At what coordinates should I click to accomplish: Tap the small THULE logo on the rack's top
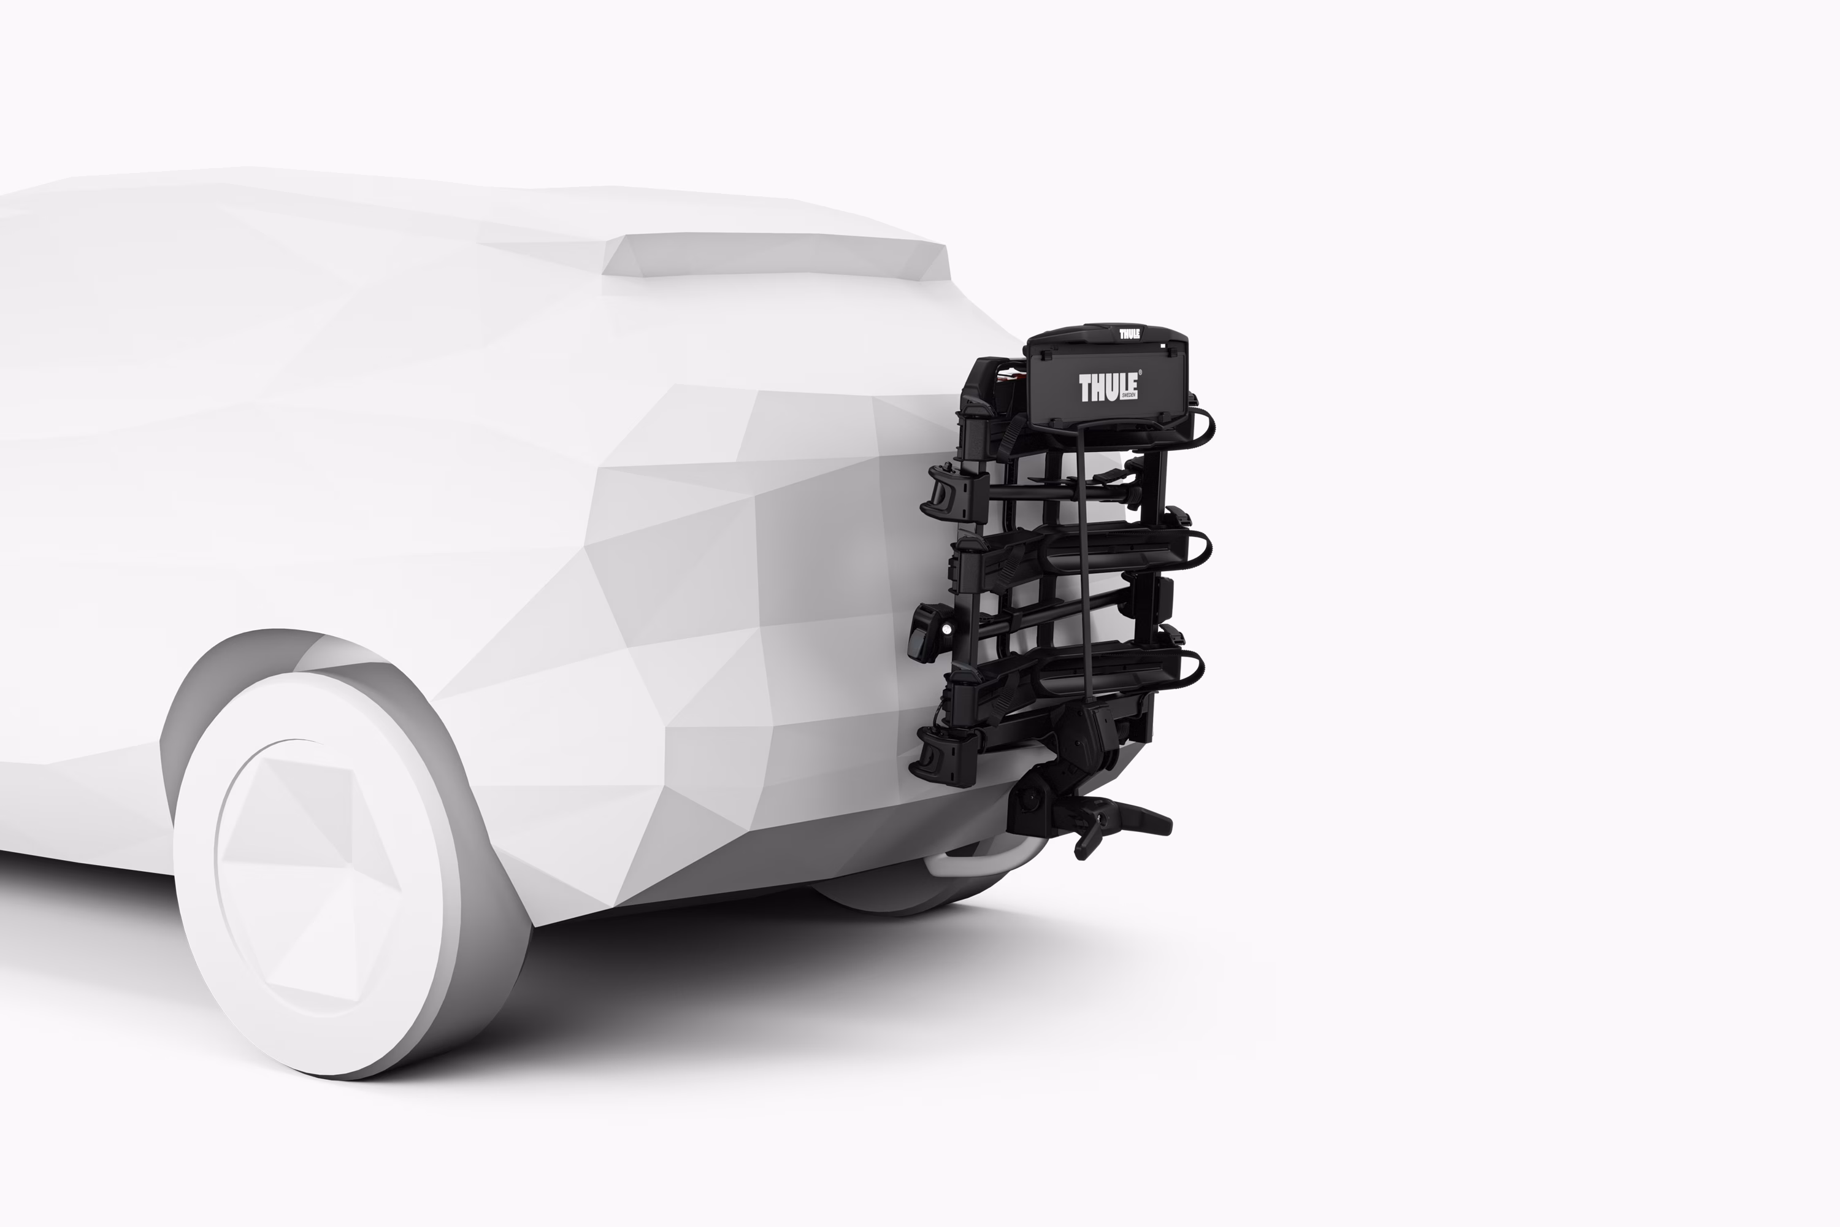coord(1129,334)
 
